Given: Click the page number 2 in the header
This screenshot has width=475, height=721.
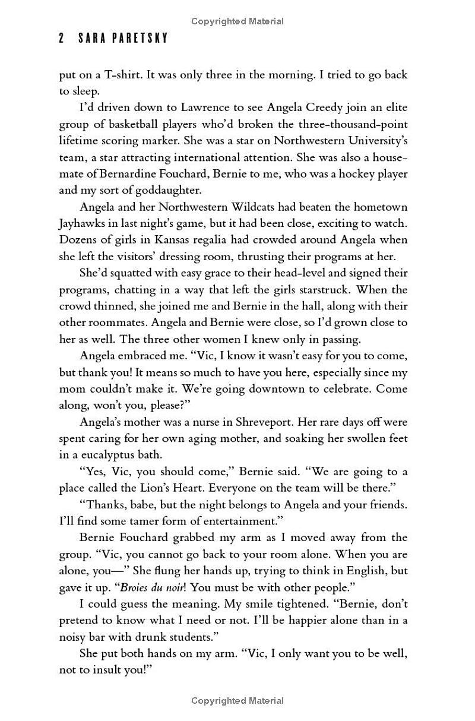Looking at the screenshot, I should click(62, 39).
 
